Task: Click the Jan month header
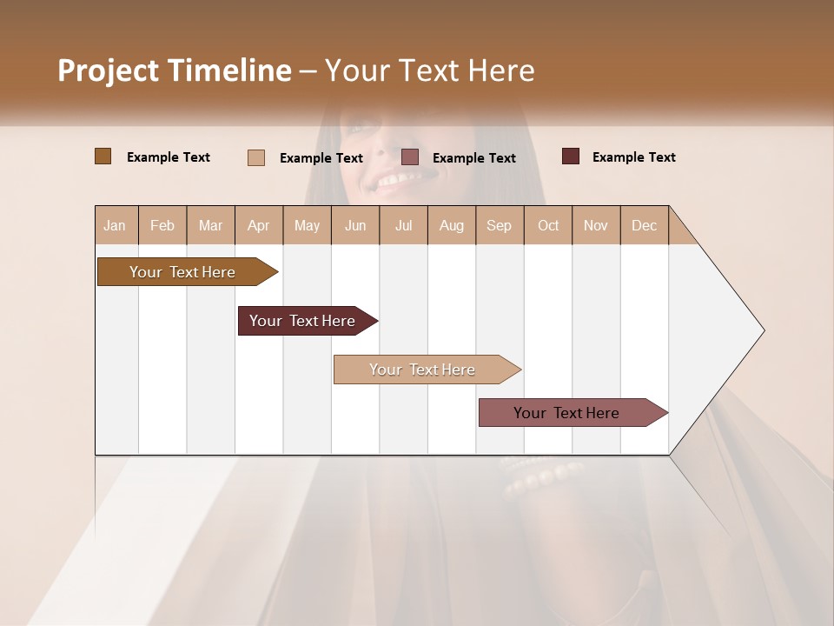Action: coord(115,225)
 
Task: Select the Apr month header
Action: coord(258,225)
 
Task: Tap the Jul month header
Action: coord(403,225)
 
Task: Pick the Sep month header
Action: coord(499,225)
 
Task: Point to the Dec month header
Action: coord(644,225)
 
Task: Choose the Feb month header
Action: coord(162,225)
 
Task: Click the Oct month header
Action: coord(548,225)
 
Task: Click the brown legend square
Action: coord(103,156)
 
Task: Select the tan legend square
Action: coord(255,157)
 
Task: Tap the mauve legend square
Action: coord(410,157)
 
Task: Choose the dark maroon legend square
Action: coord(570,156)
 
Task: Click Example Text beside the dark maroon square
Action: coord(633,157)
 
